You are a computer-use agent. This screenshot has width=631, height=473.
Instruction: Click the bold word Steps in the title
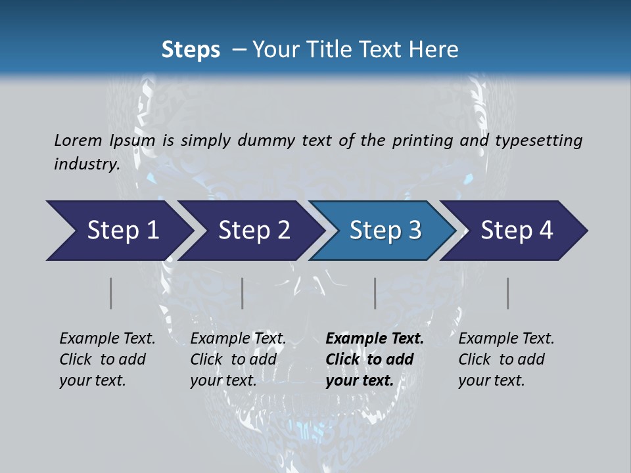coord(191,50)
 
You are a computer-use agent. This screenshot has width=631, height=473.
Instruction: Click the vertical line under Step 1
coord(111,293)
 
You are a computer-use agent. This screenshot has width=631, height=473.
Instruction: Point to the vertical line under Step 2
coord(243,293)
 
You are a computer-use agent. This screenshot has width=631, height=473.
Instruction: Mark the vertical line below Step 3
coord(375,293)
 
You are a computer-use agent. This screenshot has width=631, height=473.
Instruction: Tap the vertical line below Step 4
coord(508,293)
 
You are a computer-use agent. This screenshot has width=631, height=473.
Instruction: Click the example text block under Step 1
coord(106,359)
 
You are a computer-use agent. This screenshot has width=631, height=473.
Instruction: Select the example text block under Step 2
coord(237,359)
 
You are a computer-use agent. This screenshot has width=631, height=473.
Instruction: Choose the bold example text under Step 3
coord(374,359)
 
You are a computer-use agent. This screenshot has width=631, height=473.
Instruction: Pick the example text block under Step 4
coord(505,359)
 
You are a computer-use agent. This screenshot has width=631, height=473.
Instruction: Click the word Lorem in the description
coord(78,141)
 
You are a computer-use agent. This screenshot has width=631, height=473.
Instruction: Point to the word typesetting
coord(538,141)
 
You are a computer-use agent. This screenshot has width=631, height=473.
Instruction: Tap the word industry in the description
coord(87,164)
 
